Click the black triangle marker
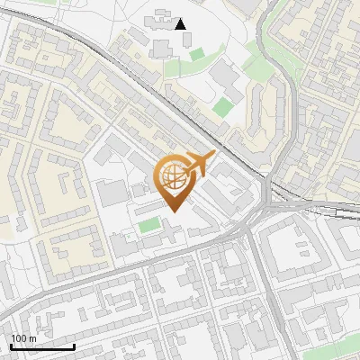[x=181, y=24]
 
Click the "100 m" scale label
[x=23, y=338]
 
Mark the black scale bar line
[x=42, y=346]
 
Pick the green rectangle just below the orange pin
[x=149, y=222]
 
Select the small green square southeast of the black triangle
[x=197, y=55]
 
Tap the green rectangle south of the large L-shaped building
[x=222, y=108]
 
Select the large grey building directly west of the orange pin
[x=113, y=192]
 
